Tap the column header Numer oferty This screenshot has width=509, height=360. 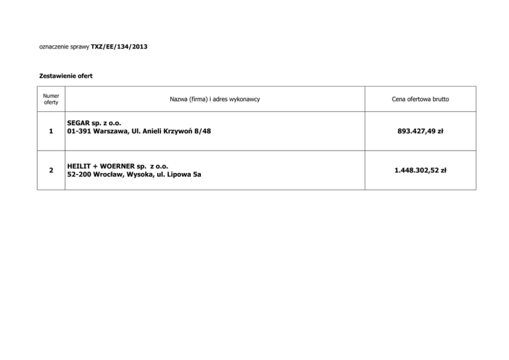point(51,99)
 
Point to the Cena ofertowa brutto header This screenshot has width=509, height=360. point(420,99)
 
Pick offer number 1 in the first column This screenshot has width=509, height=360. point(51,131)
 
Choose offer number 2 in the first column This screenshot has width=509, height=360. point(51,170)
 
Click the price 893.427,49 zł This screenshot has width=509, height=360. point(420,131)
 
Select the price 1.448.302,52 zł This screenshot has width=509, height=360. point(420,170)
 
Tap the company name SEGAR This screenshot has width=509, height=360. point(80,123)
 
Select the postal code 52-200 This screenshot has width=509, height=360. point(80,174)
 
